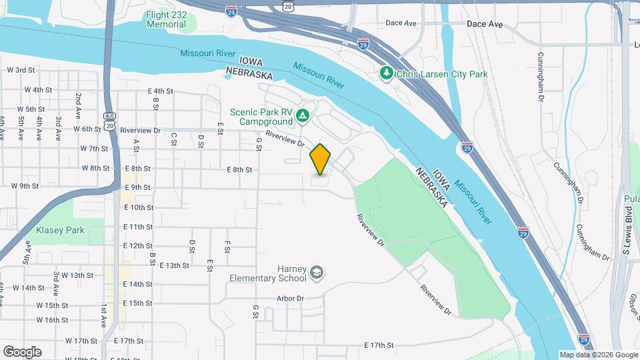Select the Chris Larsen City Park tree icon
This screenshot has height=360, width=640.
pos(386,72)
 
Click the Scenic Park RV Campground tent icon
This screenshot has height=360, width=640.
pos(303,117)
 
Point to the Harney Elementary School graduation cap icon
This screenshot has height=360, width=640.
pos(317,273)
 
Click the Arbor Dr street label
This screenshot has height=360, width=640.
pos(291,299)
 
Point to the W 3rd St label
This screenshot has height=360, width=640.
pos(20,70)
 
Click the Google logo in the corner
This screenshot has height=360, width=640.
pos(22,351)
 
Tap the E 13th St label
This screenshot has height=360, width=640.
pos(175,265)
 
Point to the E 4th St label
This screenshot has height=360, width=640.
pos(160,91)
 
